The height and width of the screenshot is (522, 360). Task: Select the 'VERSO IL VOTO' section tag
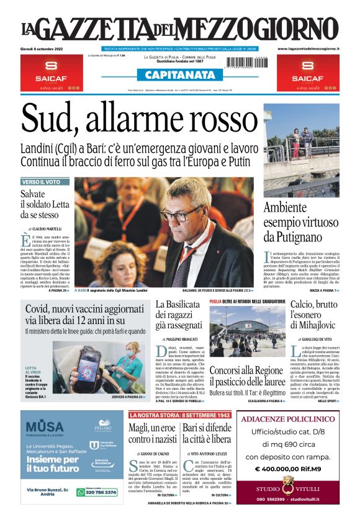pyautogui.click(x=41, y=182)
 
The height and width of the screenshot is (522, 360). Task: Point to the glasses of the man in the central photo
pyautogui.click(x=181, y=215)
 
